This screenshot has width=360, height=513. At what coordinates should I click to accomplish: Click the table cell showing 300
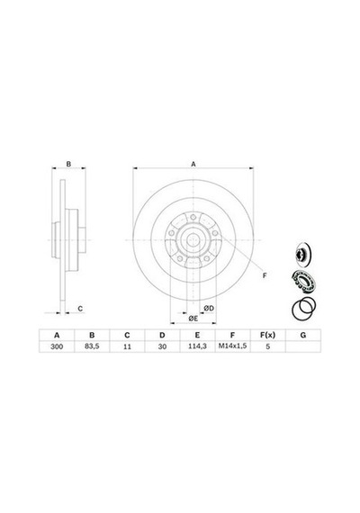click(x=57, y=346)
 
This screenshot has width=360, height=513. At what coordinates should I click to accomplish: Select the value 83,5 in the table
click(x=92, y=346)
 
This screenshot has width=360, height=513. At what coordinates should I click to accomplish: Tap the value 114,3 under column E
click(x=197, y=346)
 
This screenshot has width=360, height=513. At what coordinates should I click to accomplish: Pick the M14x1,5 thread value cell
click(x=232, y=346)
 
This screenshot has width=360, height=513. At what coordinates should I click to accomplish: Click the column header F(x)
click(x=267, y=335)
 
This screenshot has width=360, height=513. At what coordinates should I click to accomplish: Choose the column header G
click(x=303, y=335)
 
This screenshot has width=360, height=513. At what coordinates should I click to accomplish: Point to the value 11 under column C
click(x=127, y=346)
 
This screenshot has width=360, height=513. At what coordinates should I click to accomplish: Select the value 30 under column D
click(x=162, y=346)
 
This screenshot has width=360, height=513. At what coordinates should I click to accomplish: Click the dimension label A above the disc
click(x=193, y=164)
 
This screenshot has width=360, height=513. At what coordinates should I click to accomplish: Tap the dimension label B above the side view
click(x=68, y=164)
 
